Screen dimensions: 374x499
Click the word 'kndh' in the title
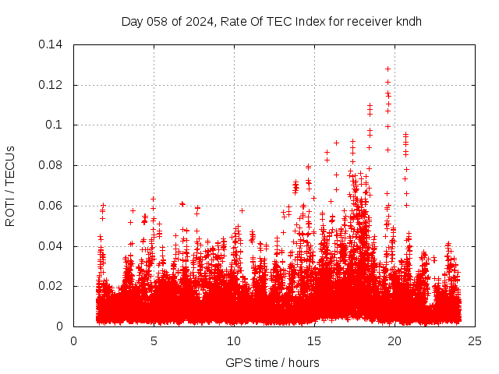(x=408, y=22)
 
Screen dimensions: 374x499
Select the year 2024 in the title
(x=199, y=22)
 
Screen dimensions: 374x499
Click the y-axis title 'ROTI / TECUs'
(x=10, y=185)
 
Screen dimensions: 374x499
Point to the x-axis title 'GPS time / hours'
(x=272, y=362)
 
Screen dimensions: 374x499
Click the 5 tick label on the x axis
(x=154, y=340)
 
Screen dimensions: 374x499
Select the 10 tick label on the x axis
(x=234, y=340)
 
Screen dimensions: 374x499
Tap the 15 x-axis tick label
(x=314, y=340)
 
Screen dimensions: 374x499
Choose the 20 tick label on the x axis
(x=395, y=340)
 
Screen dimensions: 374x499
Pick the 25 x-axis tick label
(x=475, y=340)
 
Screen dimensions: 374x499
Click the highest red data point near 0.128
(x=388, y=69)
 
